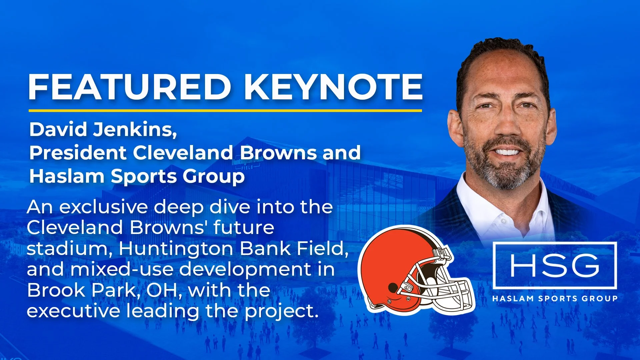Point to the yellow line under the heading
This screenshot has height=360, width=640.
[x=225, y=110]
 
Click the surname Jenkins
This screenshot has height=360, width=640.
[x=135, y=129]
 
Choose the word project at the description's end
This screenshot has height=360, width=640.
[x=282, y=311]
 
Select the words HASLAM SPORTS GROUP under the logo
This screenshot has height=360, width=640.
[x=555, y=298]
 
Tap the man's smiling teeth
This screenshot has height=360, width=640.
[x=507, y=152]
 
